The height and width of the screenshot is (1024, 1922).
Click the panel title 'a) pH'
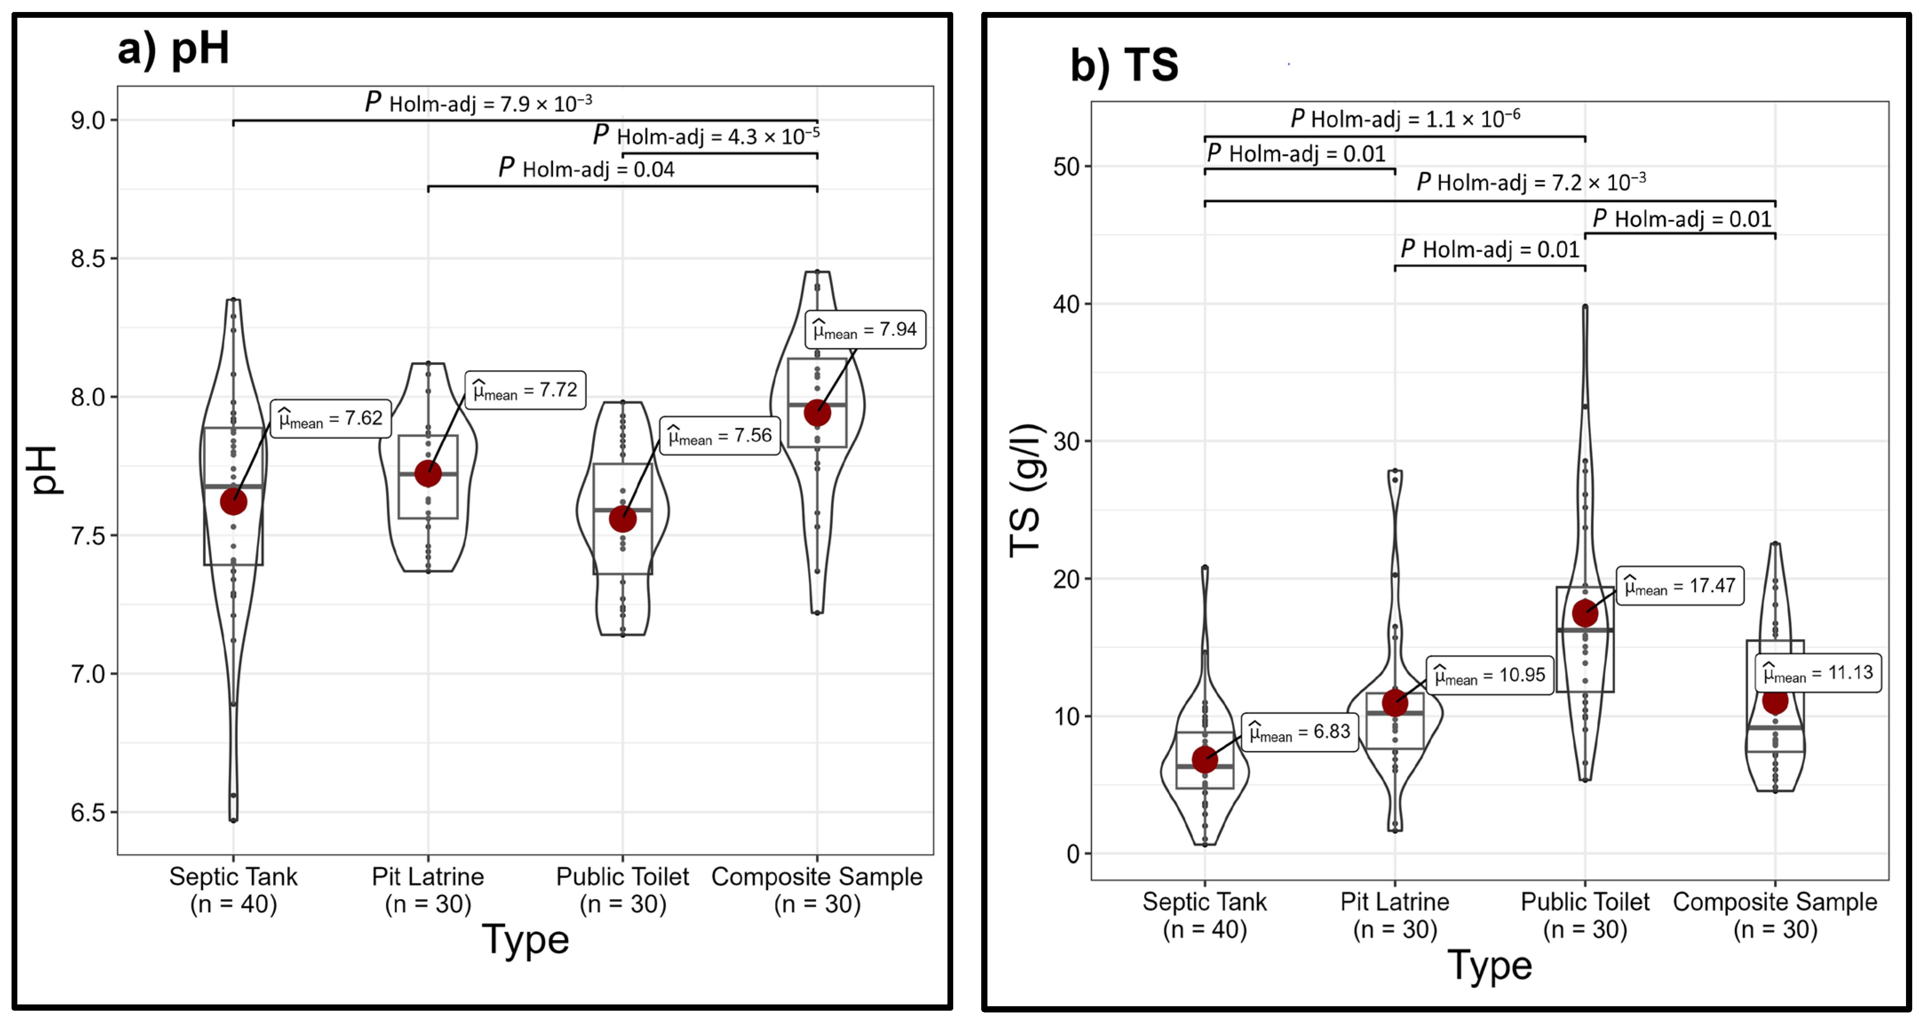173,49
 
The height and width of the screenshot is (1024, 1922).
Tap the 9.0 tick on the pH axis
88,120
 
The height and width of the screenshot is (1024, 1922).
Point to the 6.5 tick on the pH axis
88,813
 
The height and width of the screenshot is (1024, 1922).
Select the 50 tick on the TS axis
1067,166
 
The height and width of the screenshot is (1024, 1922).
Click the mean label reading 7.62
331,419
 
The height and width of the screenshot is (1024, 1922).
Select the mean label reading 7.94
865,330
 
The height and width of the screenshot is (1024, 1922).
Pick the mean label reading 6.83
1300,732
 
